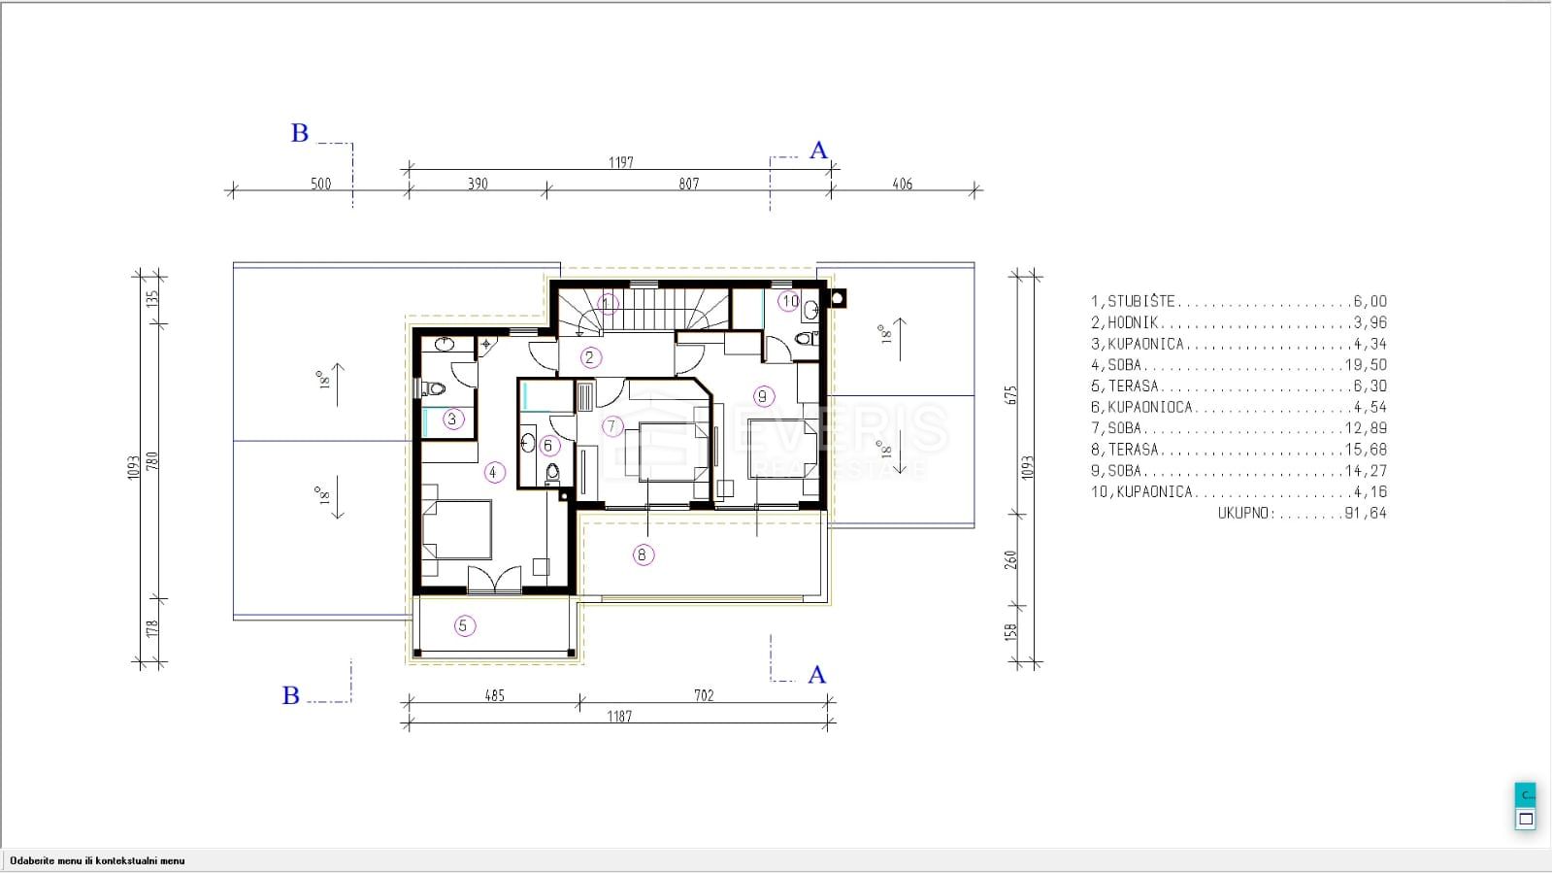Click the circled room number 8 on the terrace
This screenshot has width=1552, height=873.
[x=643, y=554]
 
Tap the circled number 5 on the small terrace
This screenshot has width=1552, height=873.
[x=464, y=626]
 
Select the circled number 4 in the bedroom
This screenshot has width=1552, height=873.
[x=493, y=473]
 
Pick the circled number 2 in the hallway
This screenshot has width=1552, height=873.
[x=589, y=357]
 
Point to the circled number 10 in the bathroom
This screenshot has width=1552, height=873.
[x=790, y=302]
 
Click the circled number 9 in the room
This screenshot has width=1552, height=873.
[x=763, y=396]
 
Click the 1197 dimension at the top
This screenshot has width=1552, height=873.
[x=621, y=162]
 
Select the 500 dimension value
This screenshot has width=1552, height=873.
[x=321, y=184]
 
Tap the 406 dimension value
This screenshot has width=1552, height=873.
[x=902, y=184]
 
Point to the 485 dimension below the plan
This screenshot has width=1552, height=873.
[x=495, y=695]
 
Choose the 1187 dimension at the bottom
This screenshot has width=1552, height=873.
[x=619, y=717]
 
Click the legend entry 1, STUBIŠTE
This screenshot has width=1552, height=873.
[x=1133, y=302]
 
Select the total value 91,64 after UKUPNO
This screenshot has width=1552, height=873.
[x=1366, y=513]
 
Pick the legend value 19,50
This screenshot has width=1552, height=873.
[x=1366, y=365]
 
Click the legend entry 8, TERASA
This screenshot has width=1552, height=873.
[x=1125, y=450]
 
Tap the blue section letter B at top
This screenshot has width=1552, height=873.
[x=299, y=132]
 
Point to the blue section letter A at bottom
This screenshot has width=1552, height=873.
[x=817, y=675]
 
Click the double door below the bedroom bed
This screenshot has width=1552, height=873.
[x=494, y=581]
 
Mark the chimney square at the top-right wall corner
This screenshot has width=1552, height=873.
[x=837, y=298]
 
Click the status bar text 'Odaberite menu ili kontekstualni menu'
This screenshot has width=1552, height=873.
[x=97, y=860]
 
